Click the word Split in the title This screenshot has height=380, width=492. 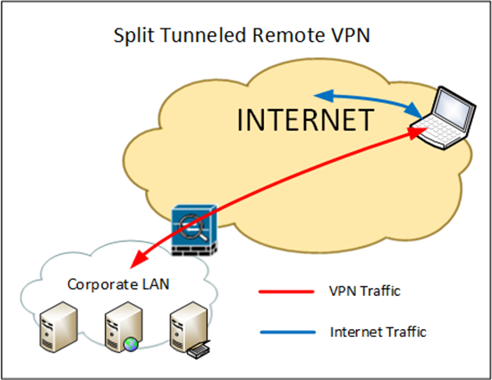pyautogui.click(x=133, y=35)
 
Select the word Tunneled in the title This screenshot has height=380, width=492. pyautogui.click(x=203, y=35)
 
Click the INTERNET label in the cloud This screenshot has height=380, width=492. pyautogui.click(x=306, y=120)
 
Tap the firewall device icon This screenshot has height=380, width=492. pyautogui.click(x=194, y=230)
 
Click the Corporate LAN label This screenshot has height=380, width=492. pyautogui.click(x=118, y=284)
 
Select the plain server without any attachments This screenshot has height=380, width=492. pyautogui.click(x=59, y=326)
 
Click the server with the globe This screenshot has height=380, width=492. pyautogui.click(x=123, y=326)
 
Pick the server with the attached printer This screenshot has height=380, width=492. pyautogui.click(x=190, y=329)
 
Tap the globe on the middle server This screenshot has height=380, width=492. pyautogui.click(x=131, y=344)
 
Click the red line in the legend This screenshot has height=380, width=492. pyautogui.click(x=286, y=291)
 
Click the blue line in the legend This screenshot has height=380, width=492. pyautogui.click(x=288, y=333)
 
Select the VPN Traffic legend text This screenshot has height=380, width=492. pyautogui.click(x=365, y=291)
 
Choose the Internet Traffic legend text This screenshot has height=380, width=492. pyautogui.click(x=378, y=332)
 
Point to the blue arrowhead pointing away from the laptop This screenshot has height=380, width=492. pyautogui.click(x=324, y=96)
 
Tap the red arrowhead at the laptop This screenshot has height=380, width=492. pyautogui.click(x=418, y=132)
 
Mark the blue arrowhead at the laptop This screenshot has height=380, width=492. pyautogui.click(x=414, y=110)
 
